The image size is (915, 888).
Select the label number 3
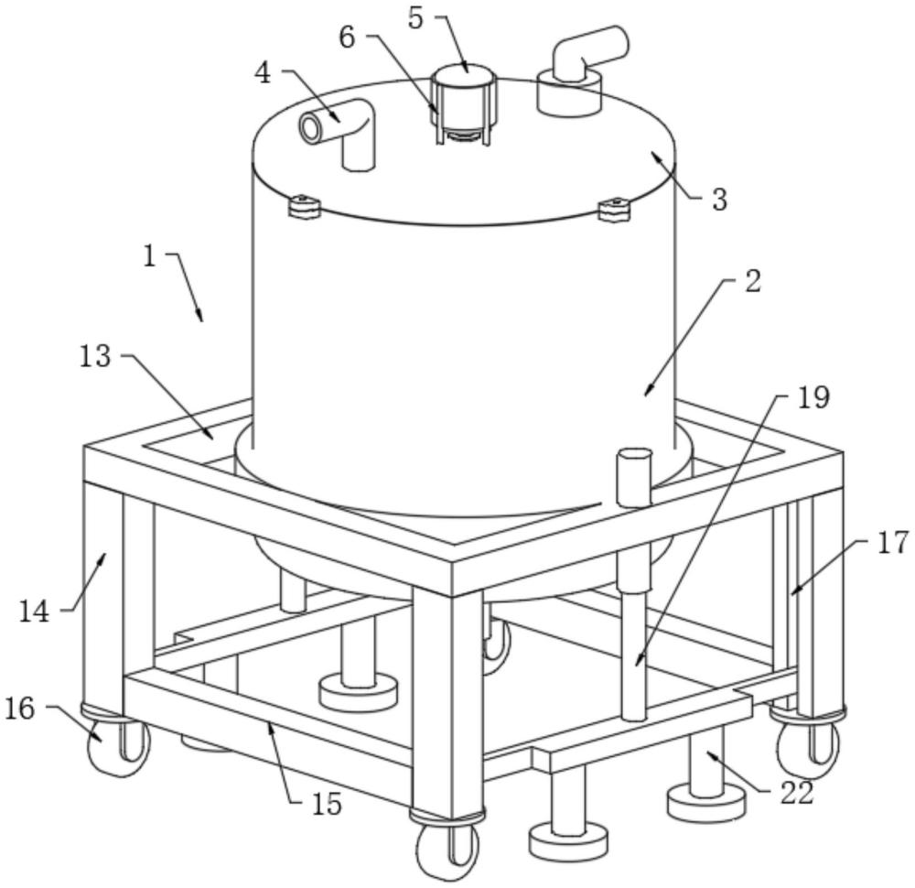(719, 200)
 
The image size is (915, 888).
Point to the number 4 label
(264, 73)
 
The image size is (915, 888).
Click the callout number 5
(416, 17)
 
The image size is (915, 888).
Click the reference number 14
(35, 611)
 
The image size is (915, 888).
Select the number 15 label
(327, 804)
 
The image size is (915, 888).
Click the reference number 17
(894, 544)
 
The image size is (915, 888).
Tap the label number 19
(813, 397)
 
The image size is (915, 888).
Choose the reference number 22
(796, 793)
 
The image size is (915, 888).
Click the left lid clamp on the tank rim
(302, 206)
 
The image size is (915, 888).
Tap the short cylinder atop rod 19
(632, 476)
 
